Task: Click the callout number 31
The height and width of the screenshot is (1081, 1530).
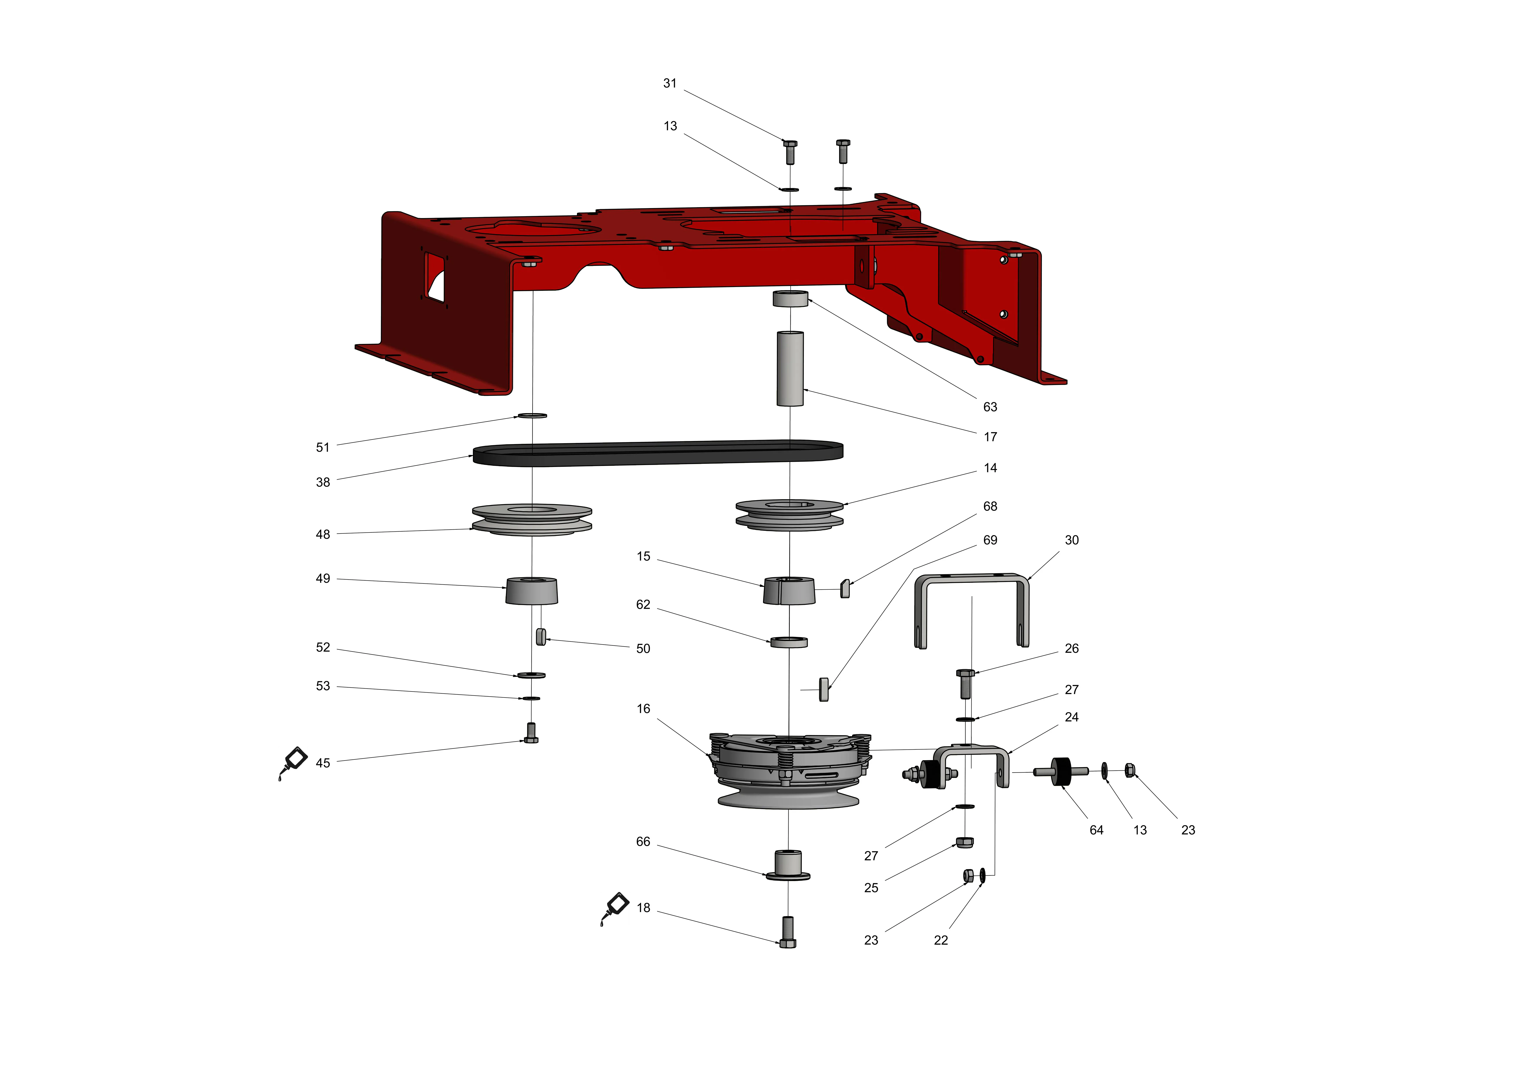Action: [x=670, y=83]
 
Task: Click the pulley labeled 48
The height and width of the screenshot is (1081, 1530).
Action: [x=532, y=520]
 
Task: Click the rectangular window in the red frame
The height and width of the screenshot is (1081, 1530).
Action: [x=434, y=277]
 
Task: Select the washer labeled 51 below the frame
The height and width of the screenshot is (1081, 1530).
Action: [x=533, y=416]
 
